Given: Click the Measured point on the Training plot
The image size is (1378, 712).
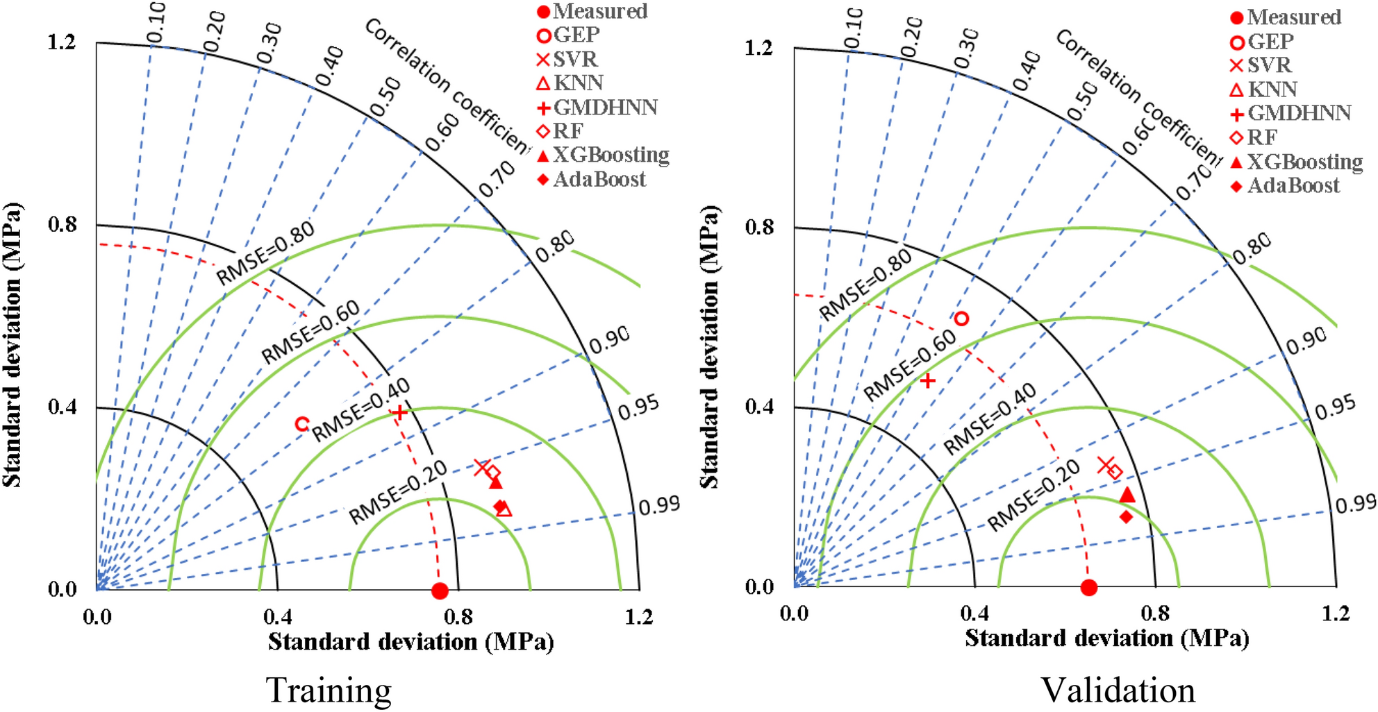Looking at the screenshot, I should (x=440, y=591).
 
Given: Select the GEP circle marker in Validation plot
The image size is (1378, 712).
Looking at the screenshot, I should (x=961, y=319).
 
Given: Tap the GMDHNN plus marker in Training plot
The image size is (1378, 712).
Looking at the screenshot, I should (x=399, y=412).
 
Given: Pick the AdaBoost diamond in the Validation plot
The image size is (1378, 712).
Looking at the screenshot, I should (x=1126, y=516).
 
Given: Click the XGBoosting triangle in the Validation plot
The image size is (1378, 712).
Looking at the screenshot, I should (x=1127, y=495).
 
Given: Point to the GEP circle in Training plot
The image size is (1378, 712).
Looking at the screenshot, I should (x=301, y=423).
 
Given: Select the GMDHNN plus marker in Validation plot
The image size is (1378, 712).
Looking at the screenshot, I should (x=927, y=380).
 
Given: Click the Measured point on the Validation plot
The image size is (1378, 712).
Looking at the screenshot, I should (x=1089, y=588).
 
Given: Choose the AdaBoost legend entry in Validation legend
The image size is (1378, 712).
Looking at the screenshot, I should (x=1285, y=185).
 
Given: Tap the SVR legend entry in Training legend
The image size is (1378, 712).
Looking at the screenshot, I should (x=567, y=60).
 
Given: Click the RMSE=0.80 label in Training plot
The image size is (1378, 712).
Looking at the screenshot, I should (x=265, y=253).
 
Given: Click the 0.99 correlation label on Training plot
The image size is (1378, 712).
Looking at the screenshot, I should (x=659, y=506).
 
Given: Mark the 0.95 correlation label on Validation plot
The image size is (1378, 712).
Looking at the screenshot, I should (x=1335, y=407).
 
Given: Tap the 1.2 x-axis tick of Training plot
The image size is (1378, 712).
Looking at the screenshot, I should (x=638, y=617).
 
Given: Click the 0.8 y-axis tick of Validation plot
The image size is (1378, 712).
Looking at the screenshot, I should (x=758, y=227).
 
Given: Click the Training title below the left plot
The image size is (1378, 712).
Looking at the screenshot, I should (x=329, y=690).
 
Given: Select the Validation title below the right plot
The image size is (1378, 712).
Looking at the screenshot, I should (x=1118, y=690).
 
